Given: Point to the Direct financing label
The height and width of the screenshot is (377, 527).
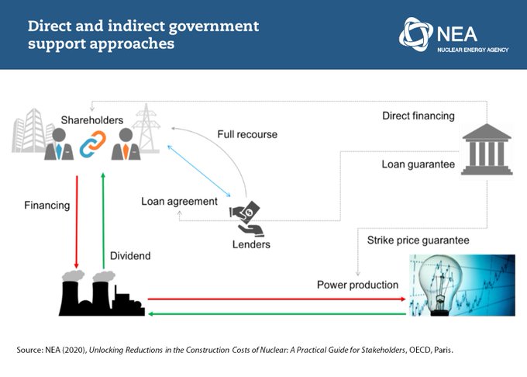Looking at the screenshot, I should pos(418,116).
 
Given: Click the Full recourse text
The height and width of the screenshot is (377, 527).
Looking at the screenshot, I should pos(246,135).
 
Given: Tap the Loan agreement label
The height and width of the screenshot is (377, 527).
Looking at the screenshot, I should pos(179,201).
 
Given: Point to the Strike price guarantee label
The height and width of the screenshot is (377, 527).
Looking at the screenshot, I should pos(418,240).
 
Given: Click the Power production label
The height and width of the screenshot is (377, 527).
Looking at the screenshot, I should pos(357,285).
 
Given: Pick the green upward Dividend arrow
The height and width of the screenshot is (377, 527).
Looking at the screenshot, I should pos(103,221).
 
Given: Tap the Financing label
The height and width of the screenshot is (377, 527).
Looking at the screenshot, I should pos(46,206).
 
